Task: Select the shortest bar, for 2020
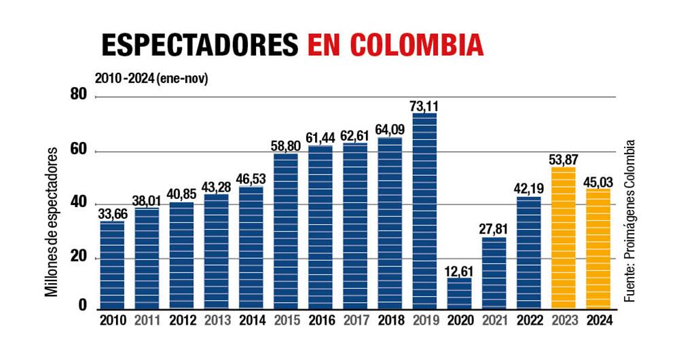(459, 293)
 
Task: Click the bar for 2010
(112, 265)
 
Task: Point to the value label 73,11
(424, 105)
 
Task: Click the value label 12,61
(459, 270)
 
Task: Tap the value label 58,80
(286, 145)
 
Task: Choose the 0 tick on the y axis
(83, 306)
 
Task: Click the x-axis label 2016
(320, 321)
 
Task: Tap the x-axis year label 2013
(217, 321)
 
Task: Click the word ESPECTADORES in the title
(200, 44)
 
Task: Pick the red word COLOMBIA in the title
(417, 44)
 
